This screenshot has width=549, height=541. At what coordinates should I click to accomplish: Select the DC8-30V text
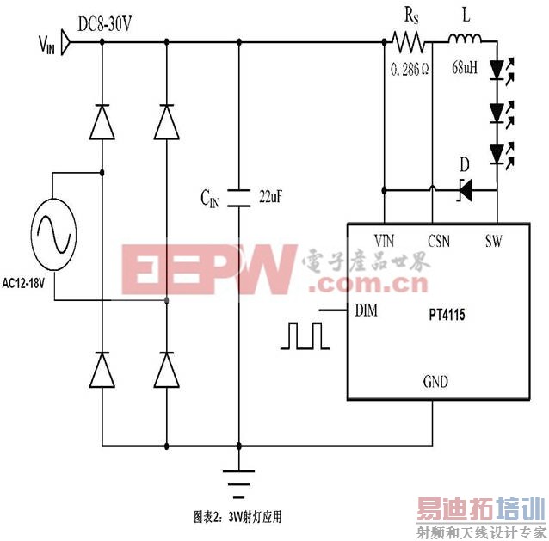point(104,25)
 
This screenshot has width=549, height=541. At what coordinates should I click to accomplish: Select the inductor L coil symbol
point(465,39)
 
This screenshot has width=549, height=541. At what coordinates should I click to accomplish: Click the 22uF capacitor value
point(271,197)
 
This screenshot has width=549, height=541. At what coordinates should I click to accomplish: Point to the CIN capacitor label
point(211,199)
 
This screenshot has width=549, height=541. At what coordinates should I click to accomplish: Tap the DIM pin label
point(366,310)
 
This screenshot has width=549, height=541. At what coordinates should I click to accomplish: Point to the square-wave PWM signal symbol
point(304,335)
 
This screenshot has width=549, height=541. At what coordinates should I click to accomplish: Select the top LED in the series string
point(497,69)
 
